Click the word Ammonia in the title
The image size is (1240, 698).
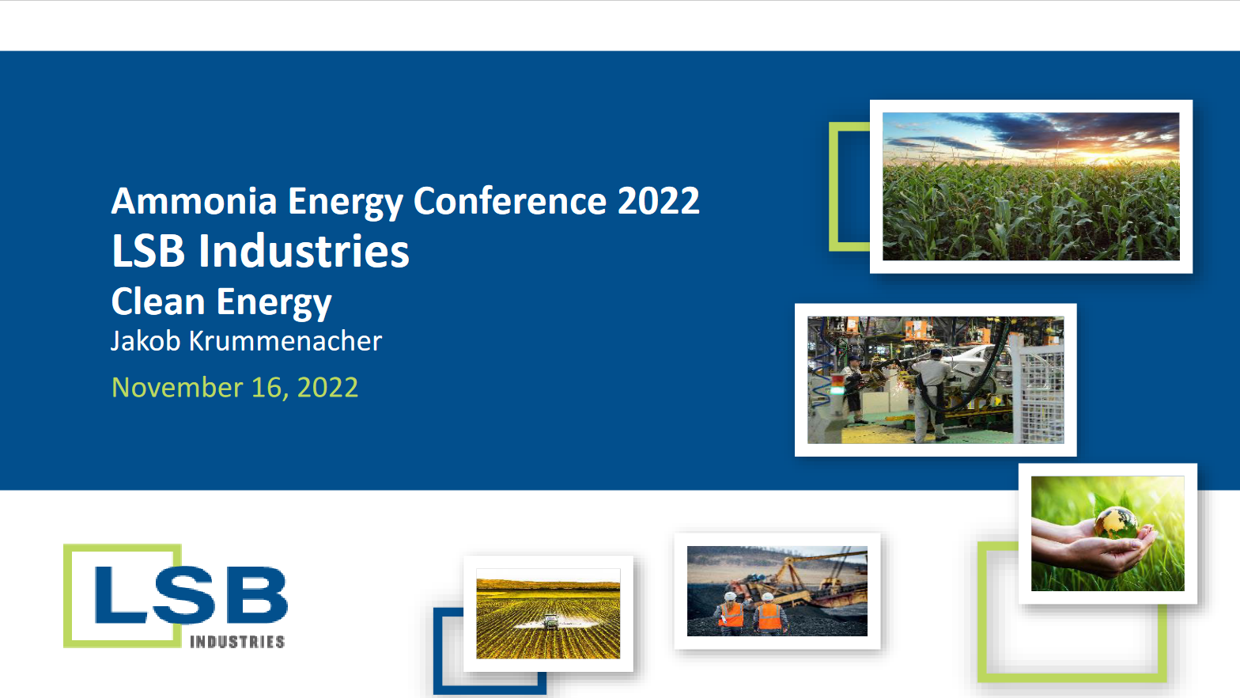pos(194,201)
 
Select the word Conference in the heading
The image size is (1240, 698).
pos(509,201)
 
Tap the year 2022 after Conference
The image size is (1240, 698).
pos(658,201)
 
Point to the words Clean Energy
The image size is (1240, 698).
pos(221,302)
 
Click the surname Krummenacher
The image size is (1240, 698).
pos(285,341)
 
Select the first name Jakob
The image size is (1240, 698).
pos(146,341)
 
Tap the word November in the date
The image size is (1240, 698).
pos(177,388)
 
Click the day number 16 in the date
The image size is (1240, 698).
pos(267,388)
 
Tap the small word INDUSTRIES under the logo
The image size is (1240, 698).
pos(236,642)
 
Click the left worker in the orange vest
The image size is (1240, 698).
pos(731,613)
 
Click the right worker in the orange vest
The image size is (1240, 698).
pos(768,614)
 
